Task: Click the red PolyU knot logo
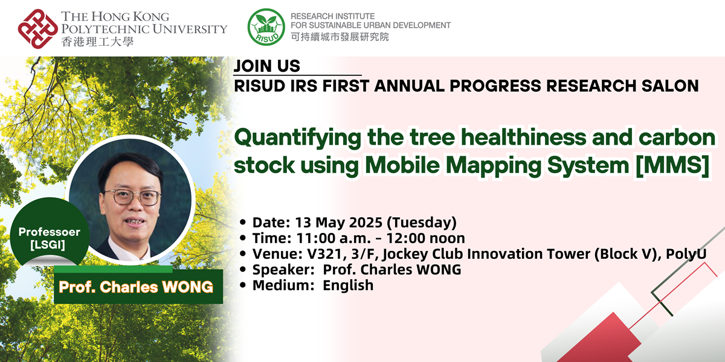tap(37, 28)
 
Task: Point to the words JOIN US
tap(266, 66)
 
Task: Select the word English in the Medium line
tap(348, 285)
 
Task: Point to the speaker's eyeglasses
tap(132, 197)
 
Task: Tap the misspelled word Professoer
tap(50, 232)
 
